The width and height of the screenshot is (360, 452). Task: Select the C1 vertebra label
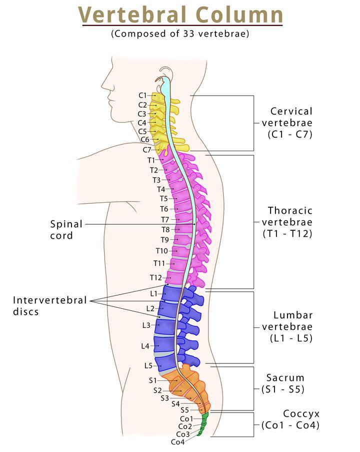(x=142, y=95)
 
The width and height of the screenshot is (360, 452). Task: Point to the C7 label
(x=146, y=150)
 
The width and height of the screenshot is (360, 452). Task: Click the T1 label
(x=151, y=160)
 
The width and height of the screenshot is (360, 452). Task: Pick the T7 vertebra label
(x=165, y=219)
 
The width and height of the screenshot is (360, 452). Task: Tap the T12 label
(x=155, y=277)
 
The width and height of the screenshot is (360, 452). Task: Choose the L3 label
(x=146, y=325)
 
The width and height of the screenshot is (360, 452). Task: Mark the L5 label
(x=148, y=365)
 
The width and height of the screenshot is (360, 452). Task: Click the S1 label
(x=153, y=380)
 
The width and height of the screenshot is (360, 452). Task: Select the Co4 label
(x=177, y=442)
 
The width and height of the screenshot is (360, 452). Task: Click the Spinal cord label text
(x=66, y=230)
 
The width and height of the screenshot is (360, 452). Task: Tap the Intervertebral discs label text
(x=50, y=305)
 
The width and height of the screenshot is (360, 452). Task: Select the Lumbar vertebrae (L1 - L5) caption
(x=288, y=326)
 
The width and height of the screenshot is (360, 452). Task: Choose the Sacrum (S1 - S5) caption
(x=285, y=383)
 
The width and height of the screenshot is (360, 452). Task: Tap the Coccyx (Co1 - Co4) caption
(x=291, y=419)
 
